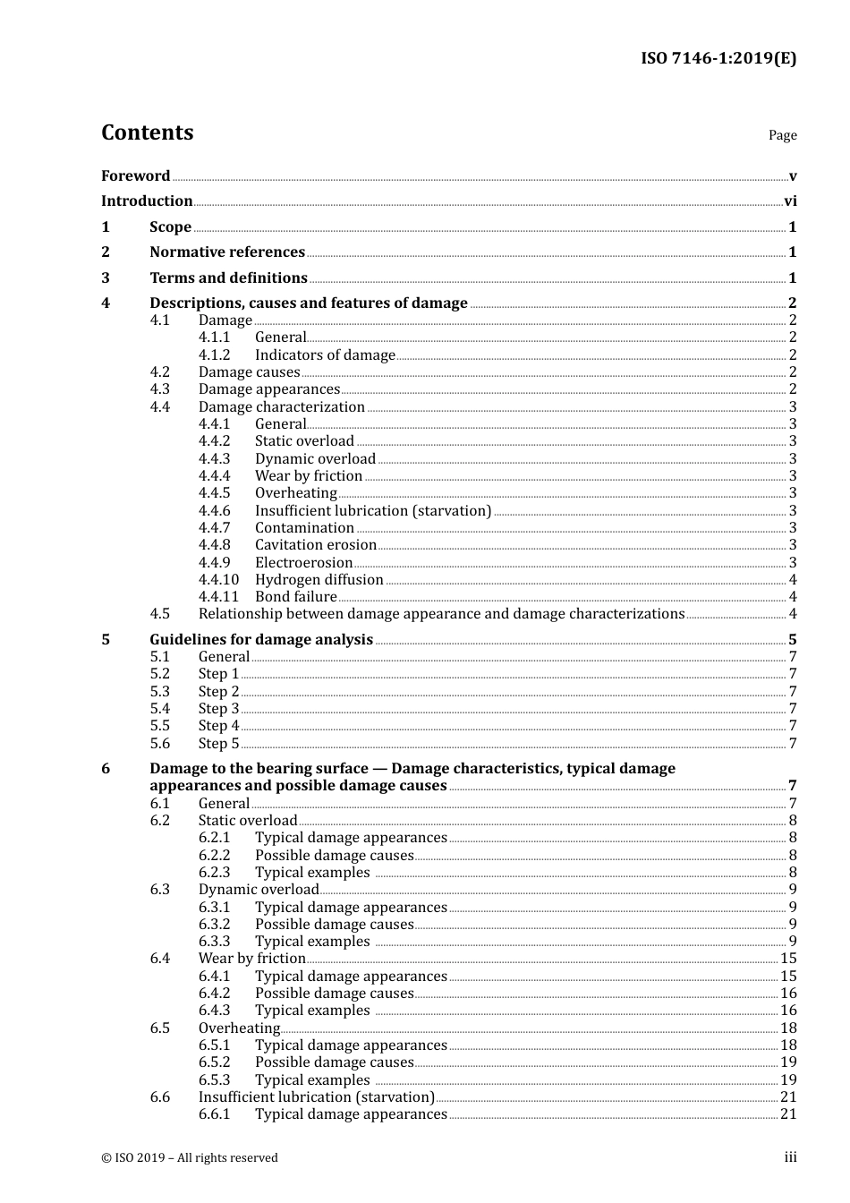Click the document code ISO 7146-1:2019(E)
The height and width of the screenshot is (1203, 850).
click(x=718, y=58)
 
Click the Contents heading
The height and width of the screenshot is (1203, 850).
click(x=147, y=132)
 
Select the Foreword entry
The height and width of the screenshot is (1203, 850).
click(x=135, y=176)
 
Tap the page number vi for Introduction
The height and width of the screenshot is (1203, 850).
click(x=790, y=201)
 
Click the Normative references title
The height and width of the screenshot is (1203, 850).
click(x=227, y=252)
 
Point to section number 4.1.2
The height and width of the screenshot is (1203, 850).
click(x=214, y=355)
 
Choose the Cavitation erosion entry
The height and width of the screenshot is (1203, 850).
click(x=315, y=545)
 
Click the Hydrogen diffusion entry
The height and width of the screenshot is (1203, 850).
click(x=319, y=580)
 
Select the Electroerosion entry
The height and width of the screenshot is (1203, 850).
click(x=303, y=563)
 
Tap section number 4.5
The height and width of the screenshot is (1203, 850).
click(x=159, y=614)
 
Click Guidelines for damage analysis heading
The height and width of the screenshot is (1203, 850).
click(x=261, y=640)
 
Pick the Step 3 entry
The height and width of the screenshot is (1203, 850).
click(x=218, y=709)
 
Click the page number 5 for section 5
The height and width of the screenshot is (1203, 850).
click(x=792, y=640)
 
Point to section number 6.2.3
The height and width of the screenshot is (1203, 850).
click(x=214, y=873)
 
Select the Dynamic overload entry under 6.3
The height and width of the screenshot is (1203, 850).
click(x=259, y=890)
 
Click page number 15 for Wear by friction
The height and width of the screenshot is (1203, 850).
click(x=788, y=959)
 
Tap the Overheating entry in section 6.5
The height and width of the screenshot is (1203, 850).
click(x=239, y=1028)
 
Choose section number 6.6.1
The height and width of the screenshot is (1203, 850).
click(x=214, y=1114)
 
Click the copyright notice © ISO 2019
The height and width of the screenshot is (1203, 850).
click(x=190, y=1158)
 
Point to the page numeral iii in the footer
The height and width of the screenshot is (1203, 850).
click(x=790, y=1157)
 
